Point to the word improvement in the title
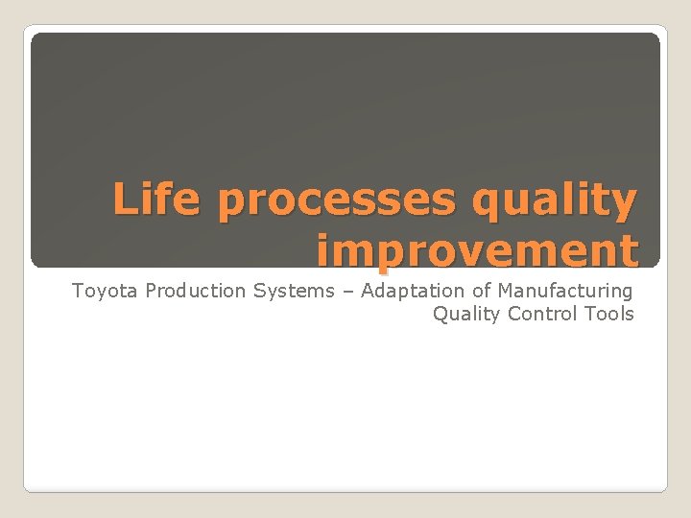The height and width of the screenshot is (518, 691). tap(477, 250)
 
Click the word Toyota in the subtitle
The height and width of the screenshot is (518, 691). tap(106, 291)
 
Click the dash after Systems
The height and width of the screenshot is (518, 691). tap(344, 291)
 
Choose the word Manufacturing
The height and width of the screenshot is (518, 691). tap(565, 291)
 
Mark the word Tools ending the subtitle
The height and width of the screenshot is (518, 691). tap(609, 314)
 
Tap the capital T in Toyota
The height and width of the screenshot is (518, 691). tap(78, 290)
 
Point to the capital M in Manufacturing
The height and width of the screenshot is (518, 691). tap(506, 290)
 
